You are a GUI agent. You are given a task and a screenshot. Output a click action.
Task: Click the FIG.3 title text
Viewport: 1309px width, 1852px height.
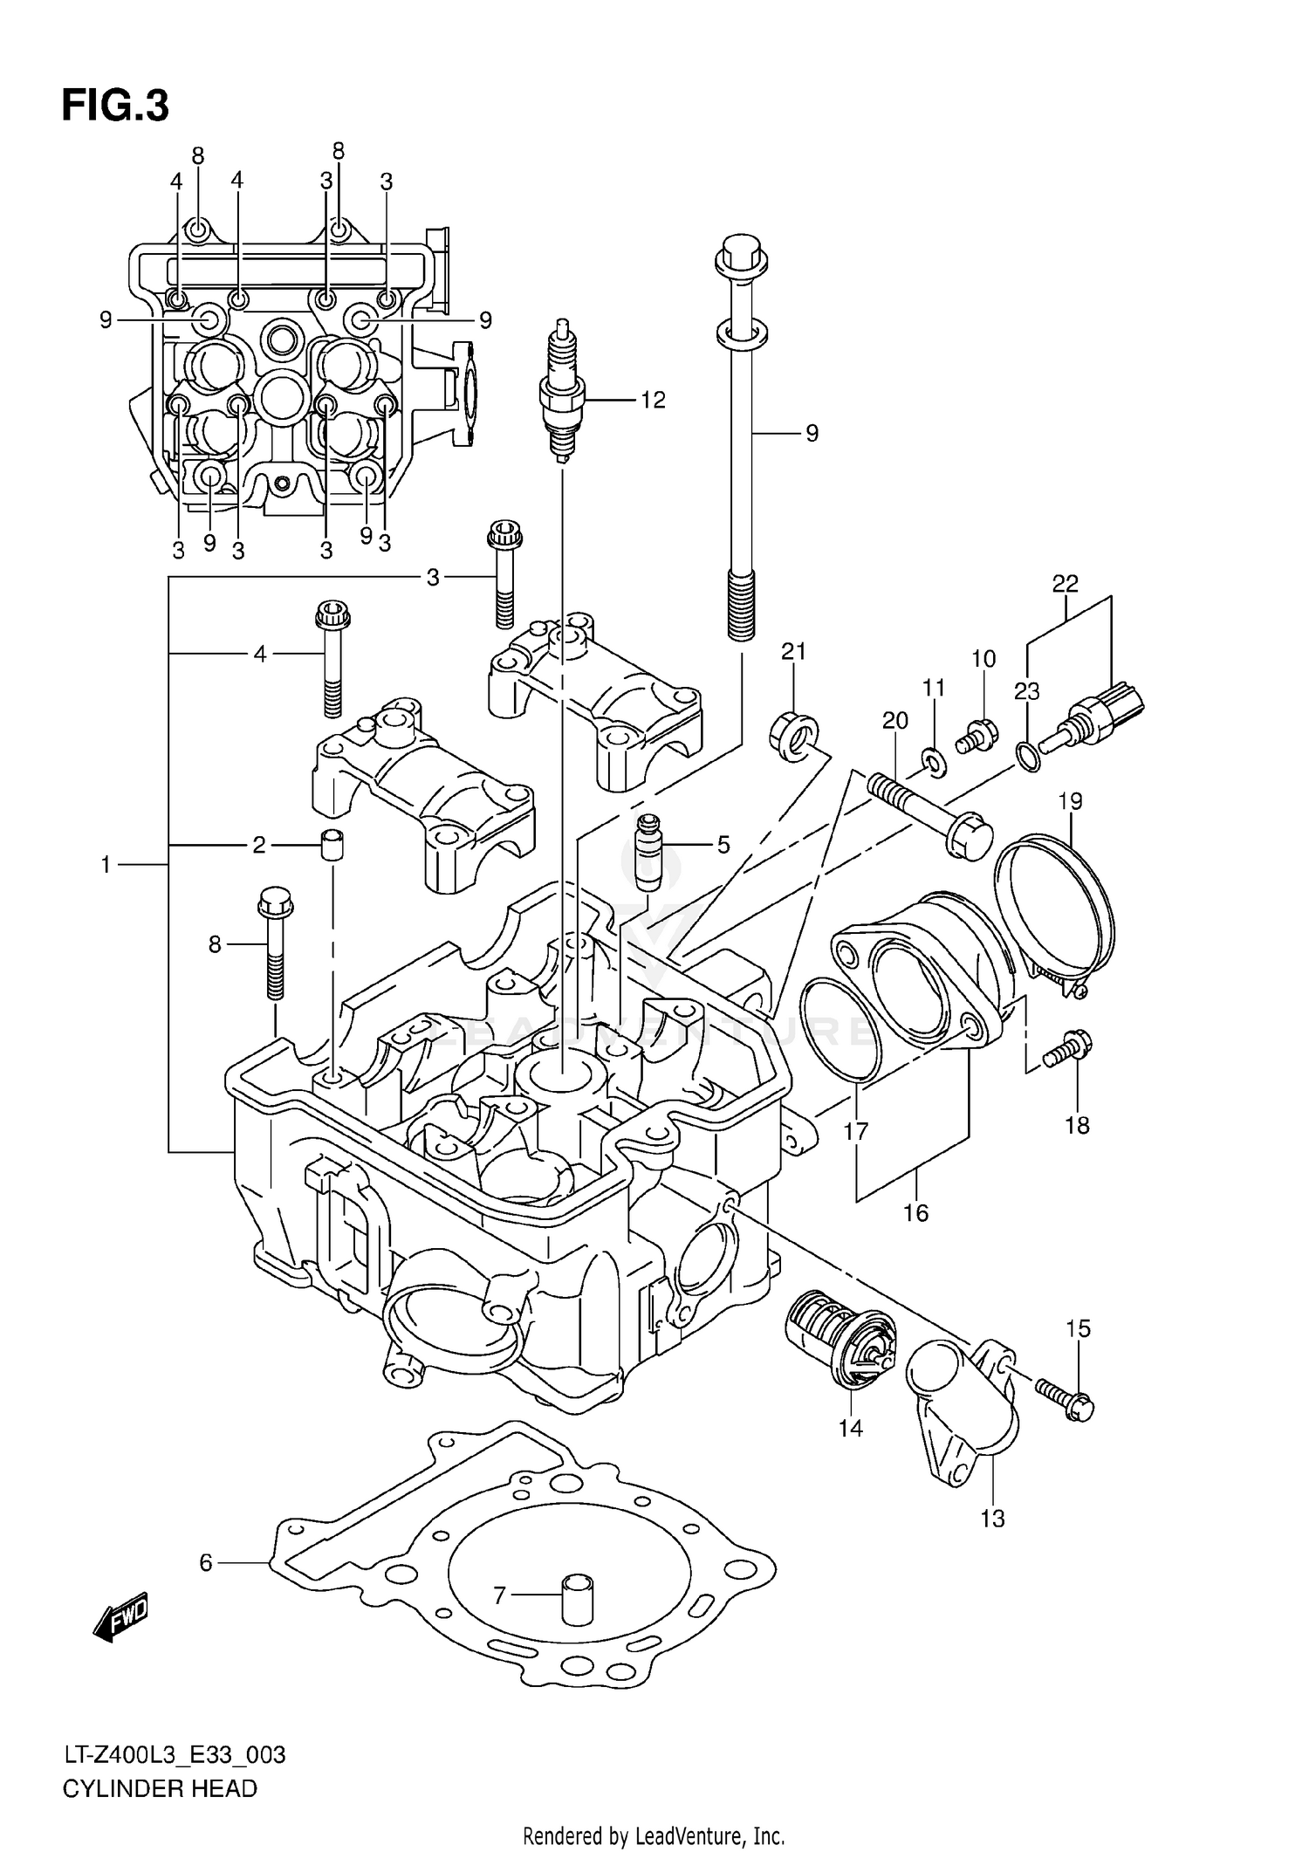pos(114,106)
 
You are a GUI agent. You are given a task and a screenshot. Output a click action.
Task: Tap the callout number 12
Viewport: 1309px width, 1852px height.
pos(653,401)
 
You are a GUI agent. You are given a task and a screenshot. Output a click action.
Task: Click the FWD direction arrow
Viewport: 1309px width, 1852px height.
pos(120,1617)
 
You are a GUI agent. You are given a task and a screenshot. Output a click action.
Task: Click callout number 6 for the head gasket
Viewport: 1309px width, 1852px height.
pos(206,1562)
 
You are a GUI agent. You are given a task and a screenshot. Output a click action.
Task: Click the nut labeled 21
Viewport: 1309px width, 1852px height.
pos(794,734)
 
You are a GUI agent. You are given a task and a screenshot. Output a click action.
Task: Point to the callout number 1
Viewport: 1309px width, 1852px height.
pos(106,865)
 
